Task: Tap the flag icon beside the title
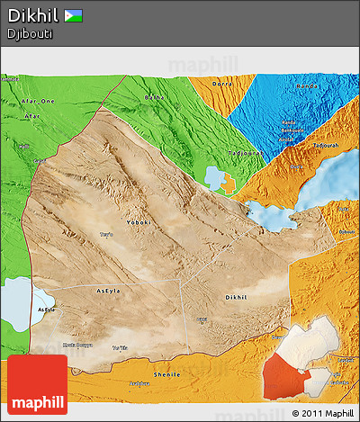tap(72, 15)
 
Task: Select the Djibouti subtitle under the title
tap(29, 34)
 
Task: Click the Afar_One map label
tap(37, 102)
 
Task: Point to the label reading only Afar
tap(32, 116)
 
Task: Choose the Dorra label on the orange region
tap(221, 84)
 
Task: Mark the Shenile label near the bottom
tap(169, 374)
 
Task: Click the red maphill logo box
tap(37, 384)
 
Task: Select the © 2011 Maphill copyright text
tap(323, 413)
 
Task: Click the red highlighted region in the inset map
tap(287, 377)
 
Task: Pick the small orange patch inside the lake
tap(229, 184)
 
